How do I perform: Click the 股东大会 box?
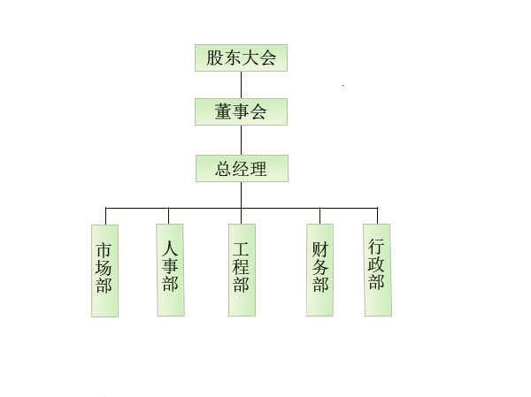click(x=241, y=57)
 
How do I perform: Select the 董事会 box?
click(x=241, y=111)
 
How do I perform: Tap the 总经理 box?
click(x=242, y=169)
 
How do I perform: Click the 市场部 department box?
click(x=105, y=271)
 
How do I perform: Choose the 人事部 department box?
click(x=170, y=270)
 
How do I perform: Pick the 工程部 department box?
click(x=242, y=270)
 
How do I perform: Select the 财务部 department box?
click(x=320, y=270)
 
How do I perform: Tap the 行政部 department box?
click(x=378, y=270)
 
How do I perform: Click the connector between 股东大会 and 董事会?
click(x=241, y=85)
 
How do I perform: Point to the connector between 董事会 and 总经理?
click(x=241, y=140)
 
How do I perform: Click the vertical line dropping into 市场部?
click(x=105, y=217)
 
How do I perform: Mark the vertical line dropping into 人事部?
click(x=168, y=216)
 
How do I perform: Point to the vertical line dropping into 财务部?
click(x=320, y=216)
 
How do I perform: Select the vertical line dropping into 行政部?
click(x=377, y=216)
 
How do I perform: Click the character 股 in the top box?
click(x=215, y=57)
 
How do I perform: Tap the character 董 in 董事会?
click(x=223, y=111)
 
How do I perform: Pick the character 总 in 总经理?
click(x=224, y=169)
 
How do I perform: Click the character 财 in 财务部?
click(x=320, y=249)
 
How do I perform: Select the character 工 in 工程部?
click(x=241, y=248)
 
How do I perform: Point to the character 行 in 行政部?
click(x=376, y=247)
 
